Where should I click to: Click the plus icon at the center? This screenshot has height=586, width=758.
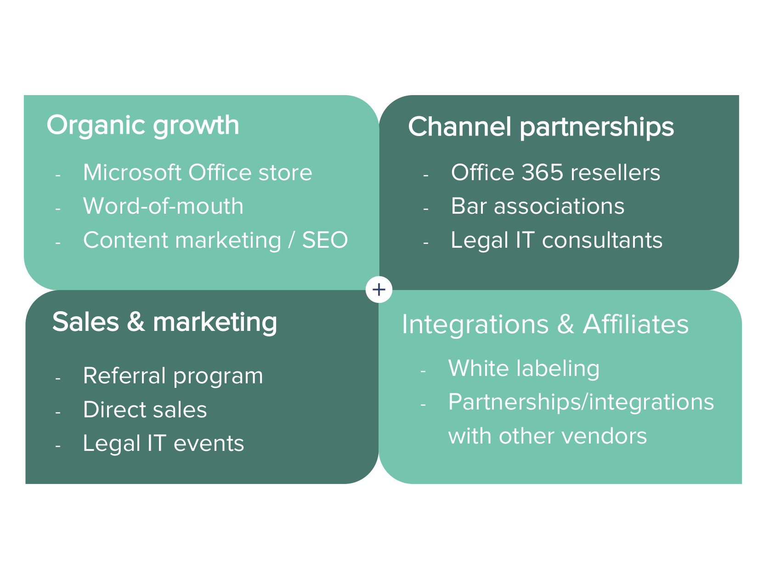pyautogui.click(x=379, y=290)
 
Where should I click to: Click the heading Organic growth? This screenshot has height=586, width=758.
pyautogui.click(x=143, y=125)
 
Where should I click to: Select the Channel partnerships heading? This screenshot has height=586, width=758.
pyautogui.click(x=541, y=127)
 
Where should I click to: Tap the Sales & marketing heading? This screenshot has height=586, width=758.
pyautogui.click(x=164, y=323)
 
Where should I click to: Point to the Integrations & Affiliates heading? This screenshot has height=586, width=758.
pyautogui.click(x=545, y=324)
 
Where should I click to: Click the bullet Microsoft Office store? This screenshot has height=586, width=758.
pyautogui.click(x=198, y=172)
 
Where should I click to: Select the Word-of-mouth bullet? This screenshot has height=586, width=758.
pyautogui.click(x=163, y=206)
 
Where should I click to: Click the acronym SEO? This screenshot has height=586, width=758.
pyautogui.click(x=325, y=240)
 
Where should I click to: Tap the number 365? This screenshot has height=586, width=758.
pyautogui.click(x=543, y=172)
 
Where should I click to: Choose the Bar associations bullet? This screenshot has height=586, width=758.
pyautogui.click(x=537, y=206)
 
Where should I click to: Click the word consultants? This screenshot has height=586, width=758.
pyautogui.click(x=602, y=240)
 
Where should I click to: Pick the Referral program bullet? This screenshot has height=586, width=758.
pyautogui.click(x=173, y=377)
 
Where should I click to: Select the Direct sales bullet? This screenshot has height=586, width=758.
pyautogui.click(x=145, y=410)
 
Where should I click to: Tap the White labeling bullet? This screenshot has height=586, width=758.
pyautogui.click(x=524, y=369)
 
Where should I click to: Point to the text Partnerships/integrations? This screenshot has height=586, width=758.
pyautogui.click(x=581, y=403)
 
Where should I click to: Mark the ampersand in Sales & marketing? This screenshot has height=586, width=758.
pyautogui.click(x=136, y=321)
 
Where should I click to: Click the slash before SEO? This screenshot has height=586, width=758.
pyautogui.click(x=291, y=240)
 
